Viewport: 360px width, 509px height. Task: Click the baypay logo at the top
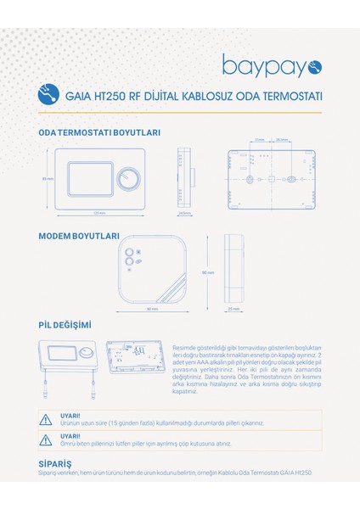tap(271, 65)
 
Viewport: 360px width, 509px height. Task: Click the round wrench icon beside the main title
tap(50, 96)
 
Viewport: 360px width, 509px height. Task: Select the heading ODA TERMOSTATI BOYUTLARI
tap(99, 132)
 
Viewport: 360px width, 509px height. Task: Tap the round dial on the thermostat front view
tap(127, 179)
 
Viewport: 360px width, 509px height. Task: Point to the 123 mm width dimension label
tap(98, 212)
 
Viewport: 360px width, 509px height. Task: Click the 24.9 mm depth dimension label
tap(184, 214)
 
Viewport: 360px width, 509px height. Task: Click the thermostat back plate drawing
tap(273, 178)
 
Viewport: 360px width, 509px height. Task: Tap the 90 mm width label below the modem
tap(153, 309)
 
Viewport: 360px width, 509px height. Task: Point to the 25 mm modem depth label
tap(233, 309)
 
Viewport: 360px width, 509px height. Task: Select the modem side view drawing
tap(233, 268)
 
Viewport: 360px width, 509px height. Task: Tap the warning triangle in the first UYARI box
tap(46, 419)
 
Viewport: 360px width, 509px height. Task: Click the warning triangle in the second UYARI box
tap(46, 439)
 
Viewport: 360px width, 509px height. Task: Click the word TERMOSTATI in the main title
tap(283, 97)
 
